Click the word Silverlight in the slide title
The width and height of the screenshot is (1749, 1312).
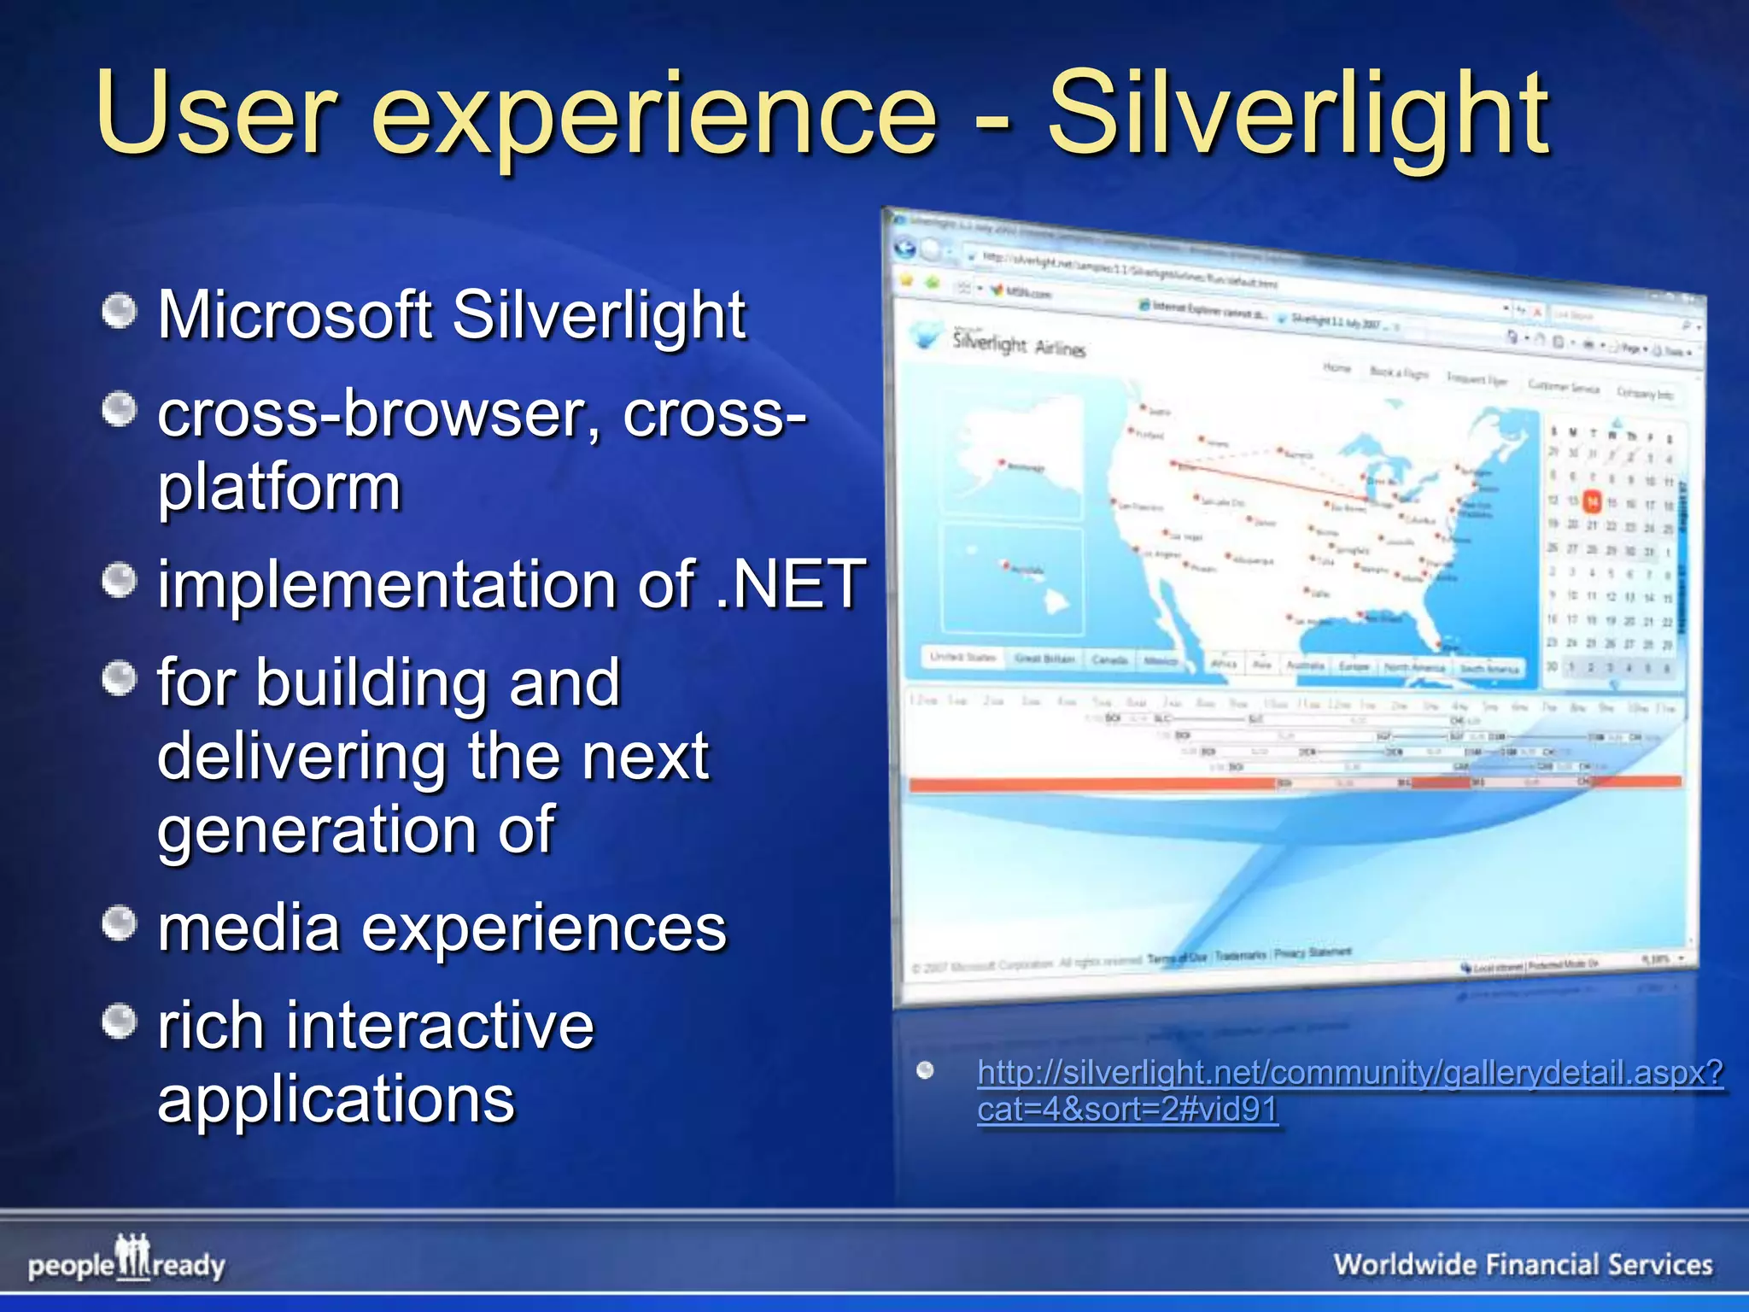[1298, 115]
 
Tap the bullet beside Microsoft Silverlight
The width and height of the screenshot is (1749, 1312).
[119, 312]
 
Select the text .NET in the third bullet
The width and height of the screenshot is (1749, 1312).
[791, 584]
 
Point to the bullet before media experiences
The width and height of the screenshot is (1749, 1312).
[119, 923]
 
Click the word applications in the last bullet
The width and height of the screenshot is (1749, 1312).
[336, 1099]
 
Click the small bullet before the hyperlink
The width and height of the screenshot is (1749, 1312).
[925, 1070]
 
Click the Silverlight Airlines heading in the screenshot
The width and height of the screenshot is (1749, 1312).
[1019, 344]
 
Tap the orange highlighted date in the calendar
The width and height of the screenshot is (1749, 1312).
[1592, 501]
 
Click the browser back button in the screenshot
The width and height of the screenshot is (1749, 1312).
[905, 249]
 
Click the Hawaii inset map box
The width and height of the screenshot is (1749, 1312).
[1012, 581]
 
